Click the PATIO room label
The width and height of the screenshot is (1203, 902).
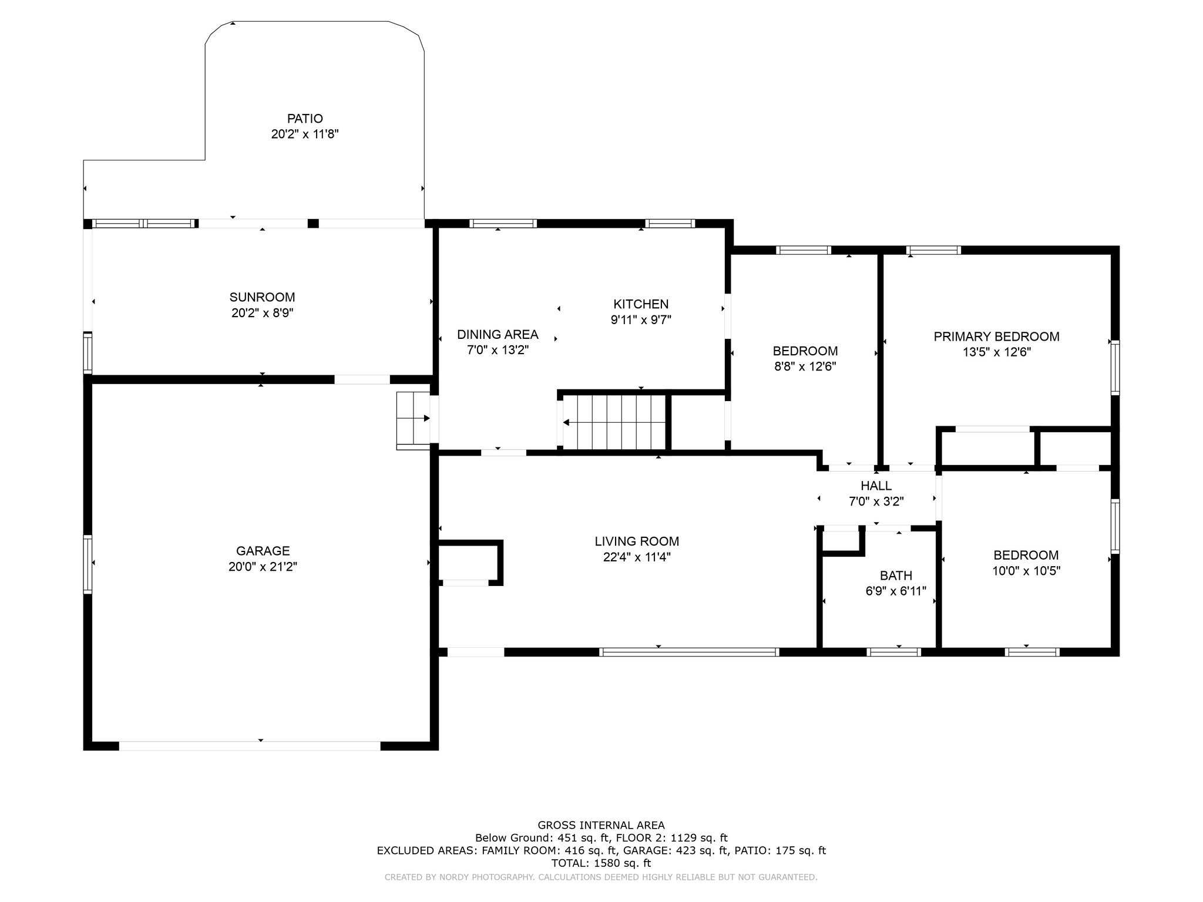(x=305, y=119)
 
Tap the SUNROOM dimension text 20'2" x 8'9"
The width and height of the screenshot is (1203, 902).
(x=263, y=313)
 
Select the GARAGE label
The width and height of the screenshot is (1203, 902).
(x=263, y=551)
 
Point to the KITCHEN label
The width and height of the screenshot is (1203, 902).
(x=641, y=304)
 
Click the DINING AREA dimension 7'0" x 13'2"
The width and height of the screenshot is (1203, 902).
(x=498, y=351)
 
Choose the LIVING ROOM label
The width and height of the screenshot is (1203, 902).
(x=637, y=541)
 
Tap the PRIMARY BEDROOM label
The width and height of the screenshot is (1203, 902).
(x=997, y=336)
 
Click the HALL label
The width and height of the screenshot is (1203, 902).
(x=876, y=486)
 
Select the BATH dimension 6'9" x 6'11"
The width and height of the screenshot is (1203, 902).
(x=896, y=591)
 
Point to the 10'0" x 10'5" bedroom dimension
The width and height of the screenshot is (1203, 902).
(x=1026, y=571)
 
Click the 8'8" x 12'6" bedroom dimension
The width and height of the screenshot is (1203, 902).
(x=805, y=366)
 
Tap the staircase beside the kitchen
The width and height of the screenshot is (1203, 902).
(x=614, y=422)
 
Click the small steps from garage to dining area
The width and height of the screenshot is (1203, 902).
(x=414, y=420)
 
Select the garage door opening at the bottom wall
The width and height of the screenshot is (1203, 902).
(x=250, y=746)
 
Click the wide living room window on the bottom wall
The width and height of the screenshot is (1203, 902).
(x=689, y=652)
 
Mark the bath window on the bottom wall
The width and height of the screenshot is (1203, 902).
(x=894, y=652)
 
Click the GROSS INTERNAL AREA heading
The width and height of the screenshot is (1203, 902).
(x=601, y=825)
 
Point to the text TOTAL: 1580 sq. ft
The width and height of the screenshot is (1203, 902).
(x=601, y=863)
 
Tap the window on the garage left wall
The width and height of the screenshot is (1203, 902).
(x=88, y=564)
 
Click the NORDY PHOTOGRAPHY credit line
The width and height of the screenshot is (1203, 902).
(x=601, y=877)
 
